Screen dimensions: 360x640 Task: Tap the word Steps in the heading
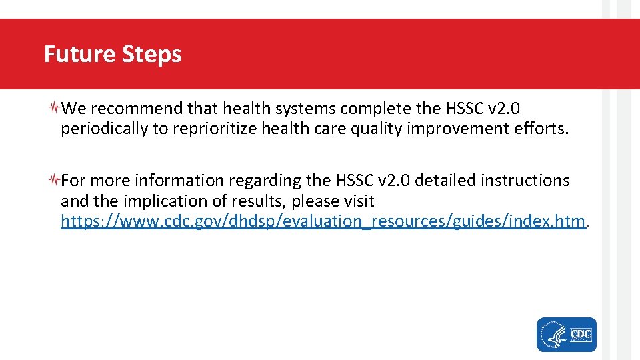pos(152,55)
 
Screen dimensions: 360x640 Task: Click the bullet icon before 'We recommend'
pos(55,107)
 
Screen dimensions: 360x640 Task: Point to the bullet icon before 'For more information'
pos(55,180)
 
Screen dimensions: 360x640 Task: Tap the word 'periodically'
pos(104,129)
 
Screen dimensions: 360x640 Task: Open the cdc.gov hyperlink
pos(323,221)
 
